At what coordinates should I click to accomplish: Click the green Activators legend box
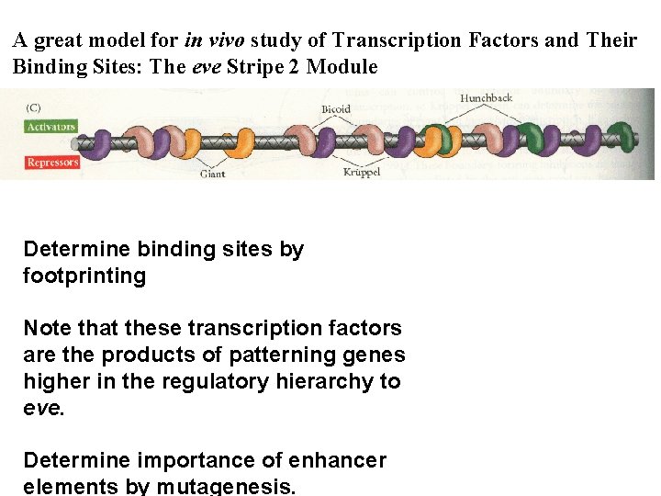click(50, 127)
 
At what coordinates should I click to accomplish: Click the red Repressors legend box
click(52, 163)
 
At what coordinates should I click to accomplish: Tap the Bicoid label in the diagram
click(335, 109)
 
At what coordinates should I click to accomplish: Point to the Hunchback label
click(487, 97)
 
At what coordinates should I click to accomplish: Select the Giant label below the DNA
click(213, 175)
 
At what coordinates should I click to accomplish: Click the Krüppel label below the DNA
click(362, 172)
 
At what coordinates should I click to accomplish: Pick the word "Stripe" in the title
click(267, 67)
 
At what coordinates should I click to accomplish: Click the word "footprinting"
click(84, 276)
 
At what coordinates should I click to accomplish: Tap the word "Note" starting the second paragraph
click(45, 328)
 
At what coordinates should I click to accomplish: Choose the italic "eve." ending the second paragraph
click(43, 407)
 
